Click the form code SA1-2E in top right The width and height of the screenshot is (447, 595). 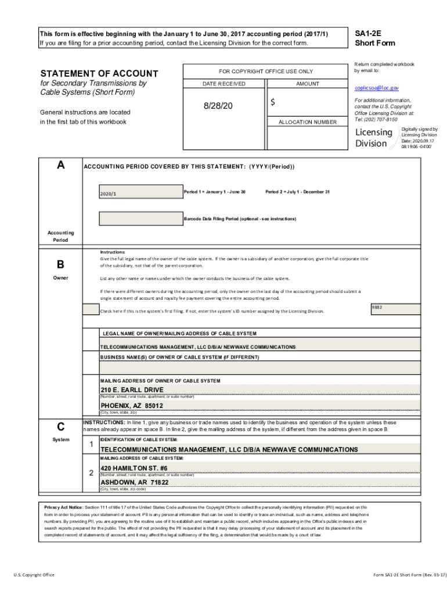point(367,34)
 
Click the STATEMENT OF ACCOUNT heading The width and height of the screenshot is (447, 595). point(99,74)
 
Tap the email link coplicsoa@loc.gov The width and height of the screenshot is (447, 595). point(376,88)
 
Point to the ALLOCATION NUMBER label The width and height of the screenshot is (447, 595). point(307,122)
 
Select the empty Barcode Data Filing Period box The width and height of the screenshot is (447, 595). point(139,218)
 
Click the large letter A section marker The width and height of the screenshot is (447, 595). point(60,165)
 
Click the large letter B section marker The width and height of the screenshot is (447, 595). point(60,265)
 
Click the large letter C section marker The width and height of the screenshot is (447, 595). point(60,426)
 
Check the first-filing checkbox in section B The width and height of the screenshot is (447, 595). point(91,310)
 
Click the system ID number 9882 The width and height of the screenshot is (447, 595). point(377,307)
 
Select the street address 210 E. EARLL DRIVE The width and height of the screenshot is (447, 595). point(132,389)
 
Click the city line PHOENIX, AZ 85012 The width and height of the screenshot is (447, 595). point(132,406)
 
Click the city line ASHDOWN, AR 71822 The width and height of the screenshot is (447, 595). point(135,482)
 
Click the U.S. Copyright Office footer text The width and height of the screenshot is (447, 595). point(34,575)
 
